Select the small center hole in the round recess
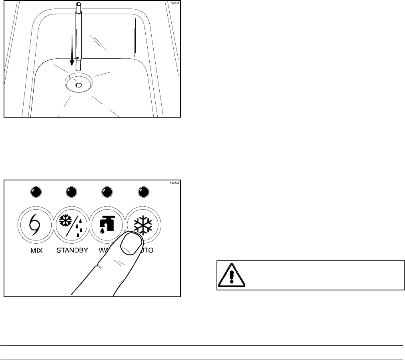(78, 85)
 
